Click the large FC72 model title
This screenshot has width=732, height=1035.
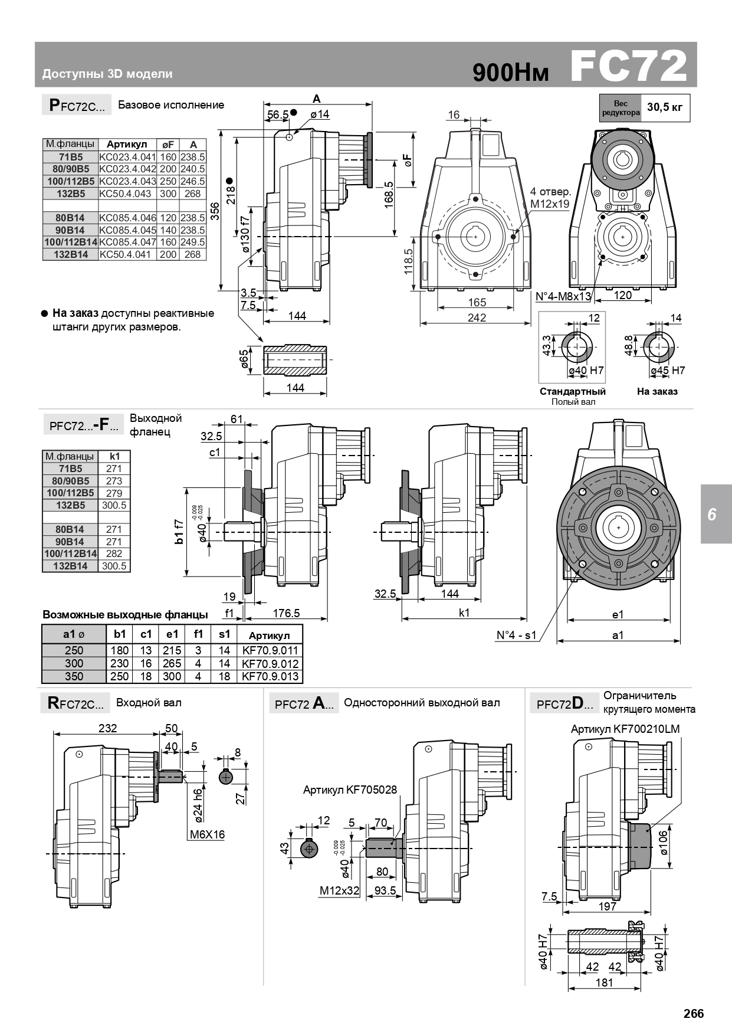(x=629, y=66)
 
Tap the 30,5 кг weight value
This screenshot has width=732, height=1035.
(x=665, y=107)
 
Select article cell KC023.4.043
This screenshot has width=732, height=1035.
(x=127, y=181)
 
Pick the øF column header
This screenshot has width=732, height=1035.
(x=168, y=145)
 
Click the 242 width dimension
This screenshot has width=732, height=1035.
(x=477, y=318)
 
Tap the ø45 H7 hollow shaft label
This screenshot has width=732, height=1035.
(x=668, y=371)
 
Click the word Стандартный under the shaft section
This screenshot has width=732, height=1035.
(x=573, y=391)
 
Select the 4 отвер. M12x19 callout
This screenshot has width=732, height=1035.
(x=550, y=198)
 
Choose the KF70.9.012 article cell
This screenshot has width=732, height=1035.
(x=270, y=663)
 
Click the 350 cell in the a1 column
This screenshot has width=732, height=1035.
(x=74, y=676)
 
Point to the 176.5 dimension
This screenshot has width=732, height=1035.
(x=286, y=613)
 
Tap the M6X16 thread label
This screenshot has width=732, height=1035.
(x=207, y=835)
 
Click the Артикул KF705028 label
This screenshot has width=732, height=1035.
(x=350, y=790)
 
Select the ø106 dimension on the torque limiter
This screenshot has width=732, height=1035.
(x=662, y=843)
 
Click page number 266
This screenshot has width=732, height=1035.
(x=694, y=1014)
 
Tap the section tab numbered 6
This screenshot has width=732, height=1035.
(x=712, y=514)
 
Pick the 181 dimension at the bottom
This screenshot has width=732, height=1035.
(x=605, y=982)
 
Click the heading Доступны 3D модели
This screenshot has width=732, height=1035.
(x=107, y=74)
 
